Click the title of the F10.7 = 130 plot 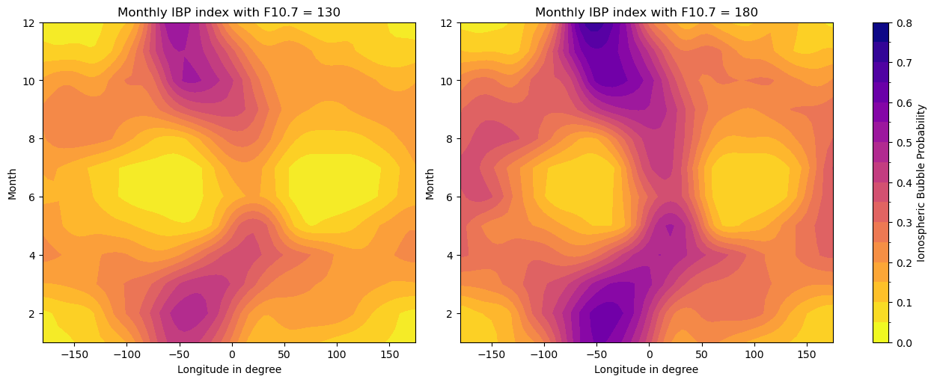click(x=229, y=13)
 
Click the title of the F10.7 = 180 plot click(x=646, y=13)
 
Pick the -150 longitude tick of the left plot click(x=73, y=354)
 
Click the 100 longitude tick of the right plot click(x=754, y=354)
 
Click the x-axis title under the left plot click(x=229, y=369)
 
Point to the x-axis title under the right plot click(x=646, y=369)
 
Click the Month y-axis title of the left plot click(x=13, y=183)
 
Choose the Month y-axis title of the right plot click(x=430, y=183)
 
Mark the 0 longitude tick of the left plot click(x=231, y=354)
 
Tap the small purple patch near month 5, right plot click(x=669, y=229)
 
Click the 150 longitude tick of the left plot click(x=389, y=354)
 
